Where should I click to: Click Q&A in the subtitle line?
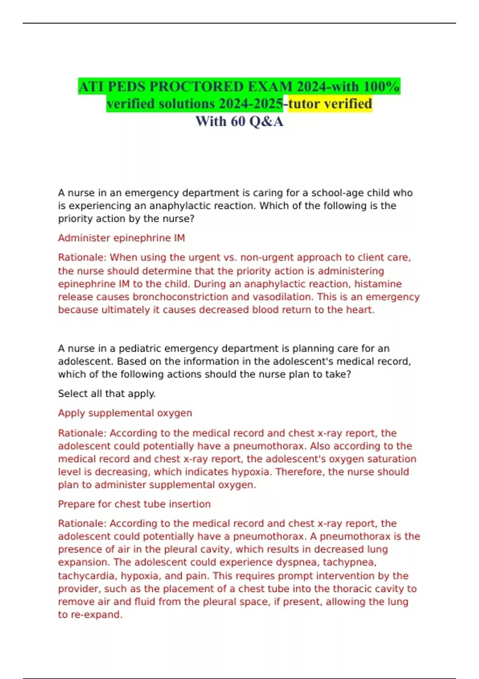(266, 121)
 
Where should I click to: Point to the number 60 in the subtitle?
(238, 121)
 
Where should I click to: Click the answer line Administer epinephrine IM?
(121, 238)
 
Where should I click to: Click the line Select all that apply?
(107, 394)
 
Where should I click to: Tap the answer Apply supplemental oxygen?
(125, 413)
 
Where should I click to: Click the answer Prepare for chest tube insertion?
(134, 504)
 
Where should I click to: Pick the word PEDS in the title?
(122, 86)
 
